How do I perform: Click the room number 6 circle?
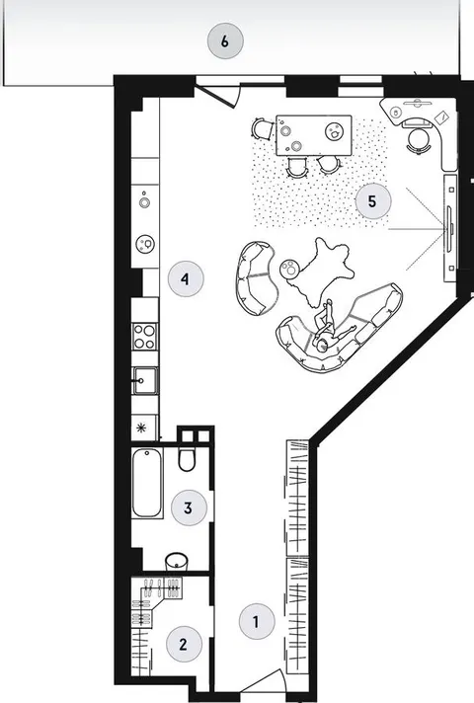pyautogui.click(x=225, y=41)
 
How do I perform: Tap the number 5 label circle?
pyautogui.click(x=373, y=201)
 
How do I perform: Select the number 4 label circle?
pyautogui.click(x=186, y=278)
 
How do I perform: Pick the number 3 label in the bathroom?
pyautogui.click(x=189, y=508)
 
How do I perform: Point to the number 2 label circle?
pyautogui.click(x=184, y=645)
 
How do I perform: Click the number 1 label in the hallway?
pyautogui.click(x=257, y=622)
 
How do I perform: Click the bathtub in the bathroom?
pyautogui.click(x=147, y=483)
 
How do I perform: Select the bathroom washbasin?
pyautogui.click(x=176, y=562)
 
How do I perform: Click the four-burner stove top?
pyautogui.click(x=145, y=337)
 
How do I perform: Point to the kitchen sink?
pyautogui.click(x=145, y=381)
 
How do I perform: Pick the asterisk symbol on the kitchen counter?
pyautogui.click(x=142, y=429)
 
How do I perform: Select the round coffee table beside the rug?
pyautogui.click(x=289, y=269)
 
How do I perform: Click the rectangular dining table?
pyautogui.click(x=314, y=135)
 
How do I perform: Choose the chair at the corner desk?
pyautogui.click(x=418, y=140)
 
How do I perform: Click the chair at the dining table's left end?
pyautogui.click(x=263, y=128)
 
